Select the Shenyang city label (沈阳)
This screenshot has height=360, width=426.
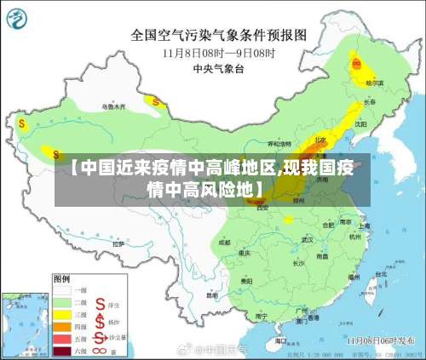point(360,123)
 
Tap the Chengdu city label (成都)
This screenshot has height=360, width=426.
point(224,242)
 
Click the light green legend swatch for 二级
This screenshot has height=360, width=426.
point(62,301)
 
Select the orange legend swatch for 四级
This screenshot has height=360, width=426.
point(62,325)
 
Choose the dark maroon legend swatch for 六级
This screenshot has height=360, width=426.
point(62,349)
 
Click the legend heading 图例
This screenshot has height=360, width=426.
point(61,278)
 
